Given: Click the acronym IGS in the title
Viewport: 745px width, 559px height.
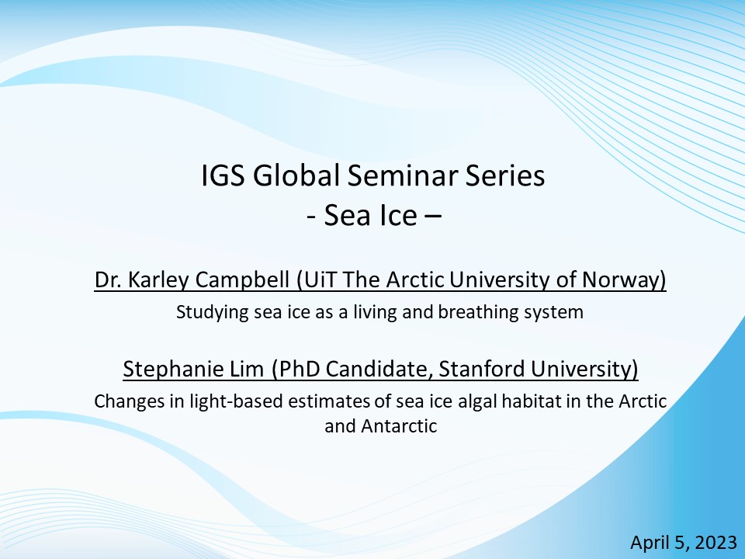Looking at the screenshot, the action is point(223,175).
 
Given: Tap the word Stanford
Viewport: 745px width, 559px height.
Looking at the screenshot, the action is point(481,369).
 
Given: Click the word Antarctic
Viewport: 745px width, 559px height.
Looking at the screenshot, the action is point(399,426).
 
